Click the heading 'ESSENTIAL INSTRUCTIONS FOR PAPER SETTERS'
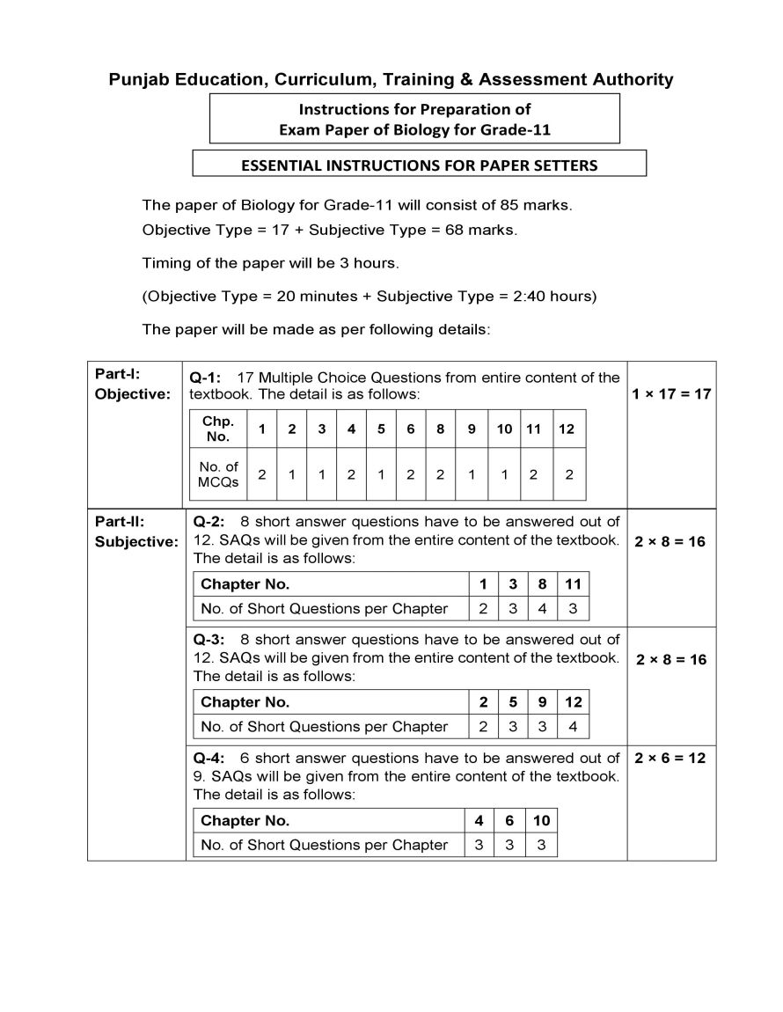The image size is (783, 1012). (x=419, y=165)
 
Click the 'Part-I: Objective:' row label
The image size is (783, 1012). (x=132, y=385)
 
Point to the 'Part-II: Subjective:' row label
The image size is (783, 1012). (x=135, y=532)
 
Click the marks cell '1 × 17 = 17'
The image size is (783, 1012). (x=670, y=393)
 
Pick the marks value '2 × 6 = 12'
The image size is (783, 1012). (x=670, y=758)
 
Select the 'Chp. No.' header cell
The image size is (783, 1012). (x=218, y=429)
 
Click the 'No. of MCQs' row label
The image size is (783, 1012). (x=218, y=474)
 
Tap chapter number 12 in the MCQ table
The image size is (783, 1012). (x=567, y=429)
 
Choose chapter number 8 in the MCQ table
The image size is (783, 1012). (x=440, y=429)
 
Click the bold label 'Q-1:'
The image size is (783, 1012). (x=205, y=378)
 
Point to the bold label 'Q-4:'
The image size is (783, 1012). (x=209, y=758)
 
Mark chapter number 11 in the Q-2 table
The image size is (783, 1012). (x=573, y=583)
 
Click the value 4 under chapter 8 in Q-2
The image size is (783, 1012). (x=542, y=608)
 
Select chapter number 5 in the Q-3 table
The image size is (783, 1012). (x=512, y=701)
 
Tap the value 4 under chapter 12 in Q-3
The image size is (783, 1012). (x=573, y=726)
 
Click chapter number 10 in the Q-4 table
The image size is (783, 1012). (x=541, y=820)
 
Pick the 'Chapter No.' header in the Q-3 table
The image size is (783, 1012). (x=245, y=701)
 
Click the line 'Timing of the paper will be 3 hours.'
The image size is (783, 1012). (x=271, y=262)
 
